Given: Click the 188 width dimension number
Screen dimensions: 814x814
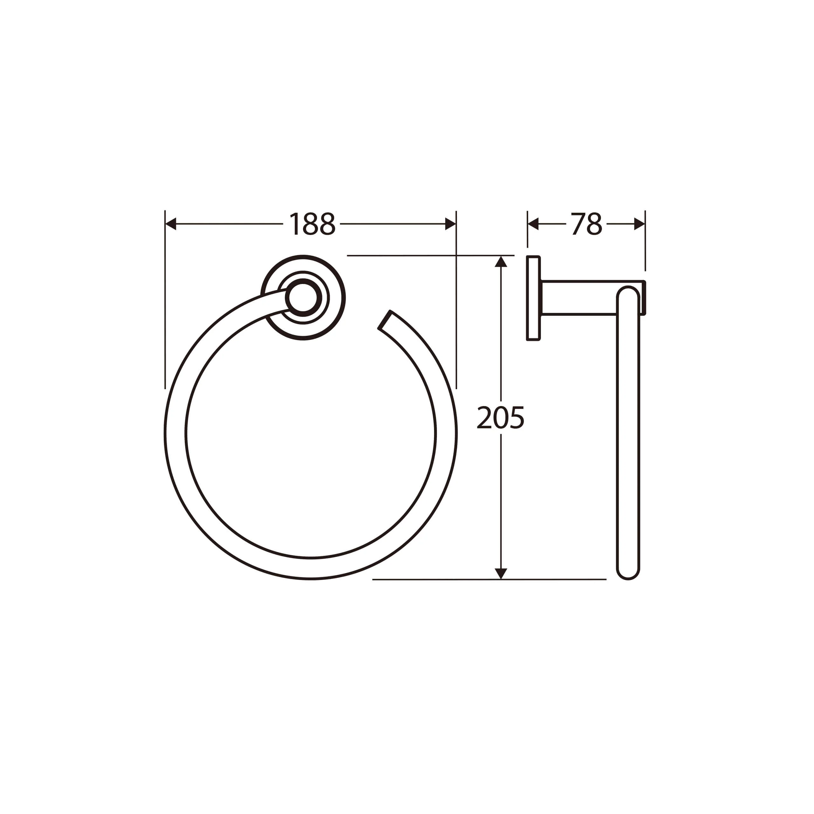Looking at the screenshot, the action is pyautogui.click(x=312, y=224).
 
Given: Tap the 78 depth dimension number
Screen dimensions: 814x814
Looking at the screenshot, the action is pyautogui.click(x=586, y=224).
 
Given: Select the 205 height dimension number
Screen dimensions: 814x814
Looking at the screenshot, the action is pyautogui.click(x=500, y=418).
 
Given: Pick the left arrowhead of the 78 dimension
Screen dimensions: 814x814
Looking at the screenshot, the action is pyautogui.click(x=533, y=224).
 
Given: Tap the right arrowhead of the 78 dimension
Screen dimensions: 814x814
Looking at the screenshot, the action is pyautogui.click(x=639, y=224).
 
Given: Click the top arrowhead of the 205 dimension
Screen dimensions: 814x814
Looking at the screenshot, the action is pyautogui.click(x=500, y=262).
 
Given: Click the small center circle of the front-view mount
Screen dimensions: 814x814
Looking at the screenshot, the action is pyautogui.click(x=303, y=297).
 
